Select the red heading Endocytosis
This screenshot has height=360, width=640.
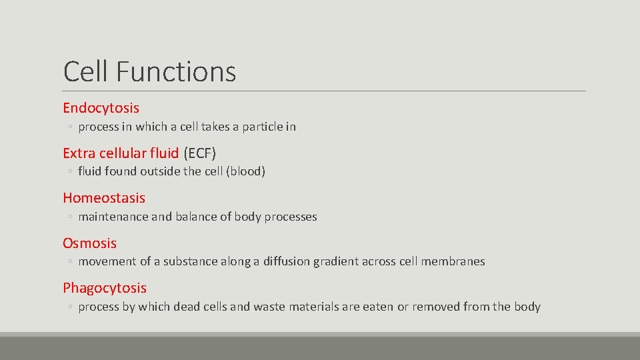(101, 107)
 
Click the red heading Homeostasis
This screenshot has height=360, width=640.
(103, 197)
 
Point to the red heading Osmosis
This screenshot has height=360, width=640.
(89, 243)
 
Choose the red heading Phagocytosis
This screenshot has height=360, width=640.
(105, 288)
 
